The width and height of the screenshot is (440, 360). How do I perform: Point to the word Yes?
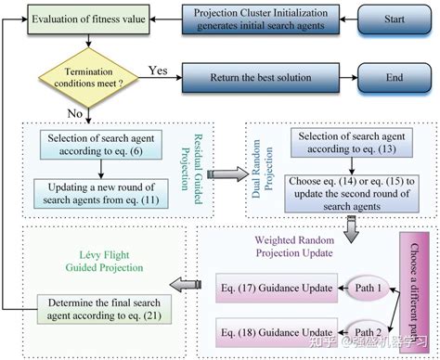point(159,69)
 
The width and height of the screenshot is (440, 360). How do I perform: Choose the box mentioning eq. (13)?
point(346,144)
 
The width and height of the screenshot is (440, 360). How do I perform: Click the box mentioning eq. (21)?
point(106,305)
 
